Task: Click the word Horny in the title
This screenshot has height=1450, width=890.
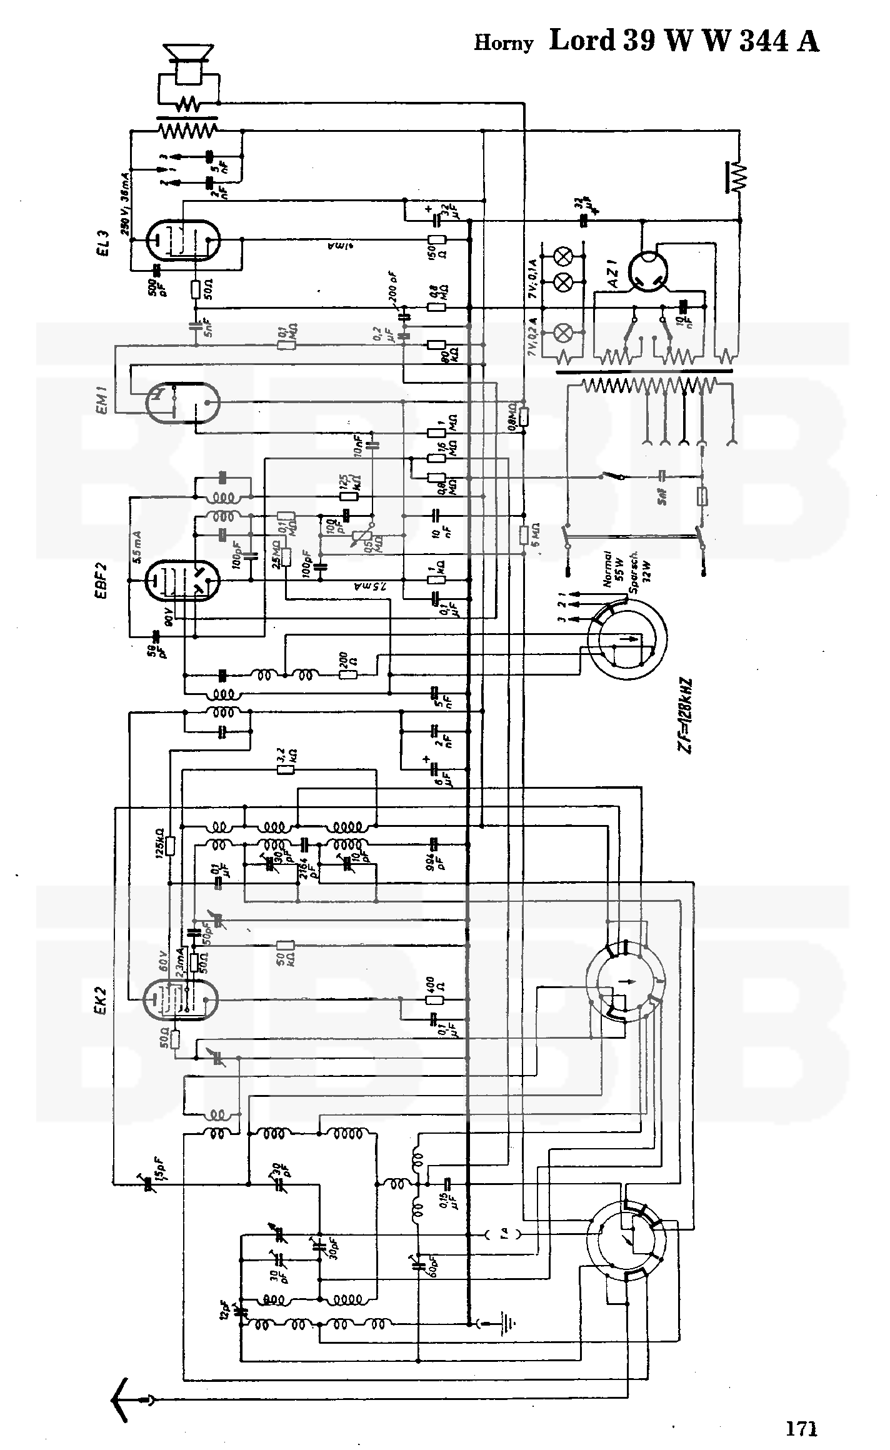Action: (x=504, y=43)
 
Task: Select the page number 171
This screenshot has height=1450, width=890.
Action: (x=802, y=1406)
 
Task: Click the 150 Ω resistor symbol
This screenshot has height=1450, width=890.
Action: (x=436, y=240)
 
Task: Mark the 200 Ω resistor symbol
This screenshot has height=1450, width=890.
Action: (x=348, y=674)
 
